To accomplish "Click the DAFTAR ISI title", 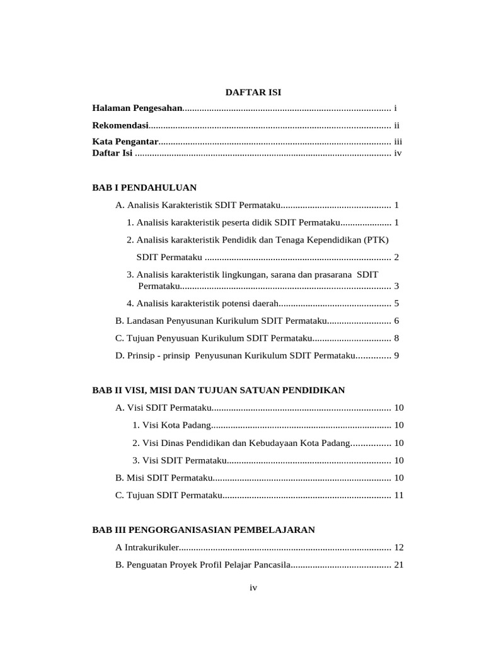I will pyautogui.click(x=253, y=93).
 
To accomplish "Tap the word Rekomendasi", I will pyautogui.click(x=120, y=125).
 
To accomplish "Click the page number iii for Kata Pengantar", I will pyautogui.click(x=398, y=142).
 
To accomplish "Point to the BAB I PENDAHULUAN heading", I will pyautogui.click(x=144, y=188).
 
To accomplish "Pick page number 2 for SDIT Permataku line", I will pyautogui.click(x=396, y=257).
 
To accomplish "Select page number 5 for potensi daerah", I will pyautogui.click(x=396, y=303).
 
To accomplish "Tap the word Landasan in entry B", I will pyautogui.click(x=146, y=321).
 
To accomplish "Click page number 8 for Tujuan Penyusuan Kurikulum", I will pyautogui.click(x=396, y=338).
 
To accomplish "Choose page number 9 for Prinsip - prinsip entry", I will pyautogui.click(x=396, y=356).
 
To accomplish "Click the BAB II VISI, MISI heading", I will pyautogui.click(x=219, y=391).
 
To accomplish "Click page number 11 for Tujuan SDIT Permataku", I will pyautogui.click(x=398, y=495).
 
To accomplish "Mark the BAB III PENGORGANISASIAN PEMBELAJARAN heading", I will pyautogui.click(x=203, y=530).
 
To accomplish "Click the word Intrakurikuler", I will pyautogui.click(x=152, y=547).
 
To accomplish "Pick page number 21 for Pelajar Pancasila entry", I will pyautogui.click(x=398, y=565).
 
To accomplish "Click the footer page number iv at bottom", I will pyautogui.click(x=253, y=588).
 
